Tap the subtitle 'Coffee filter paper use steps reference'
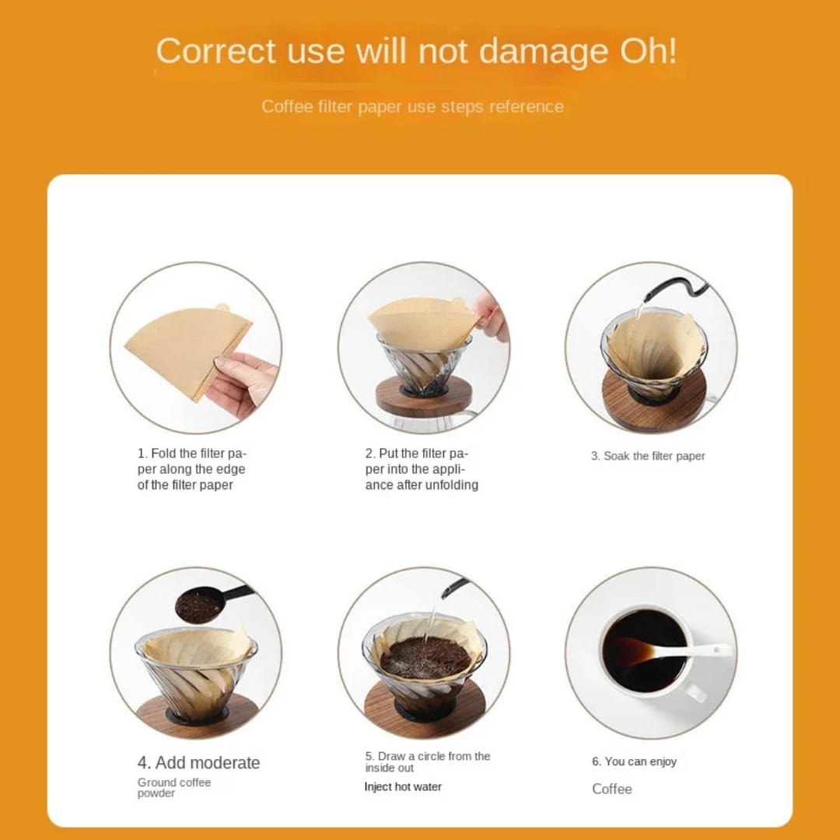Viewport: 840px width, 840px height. [412, 107]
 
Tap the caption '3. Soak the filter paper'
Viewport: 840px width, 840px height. [647, 456]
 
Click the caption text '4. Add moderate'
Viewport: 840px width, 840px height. [198, 762]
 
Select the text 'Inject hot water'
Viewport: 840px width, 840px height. [402, 786]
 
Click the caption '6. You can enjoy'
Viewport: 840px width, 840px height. [634, 761]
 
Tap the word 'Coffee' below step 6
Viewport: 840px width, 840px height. [611, 789]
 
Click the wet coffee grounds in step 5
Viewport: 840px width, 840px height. [425, 657]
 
